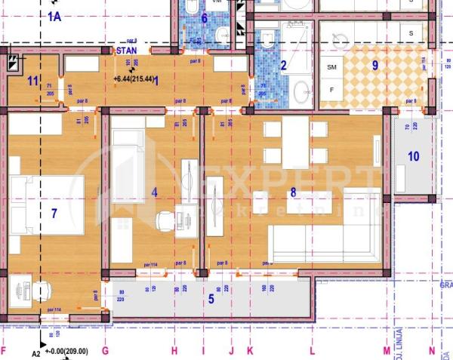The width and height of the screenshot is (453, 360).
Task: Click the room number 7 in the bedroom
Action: point(54,214)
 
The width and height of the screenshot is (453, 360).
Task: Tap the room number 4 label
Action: point(154,192)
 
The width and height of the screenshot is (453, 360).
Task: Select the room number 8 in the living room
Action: point(293,192)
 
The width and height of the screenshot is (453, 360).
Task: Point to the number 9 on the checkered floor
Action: point(375,65)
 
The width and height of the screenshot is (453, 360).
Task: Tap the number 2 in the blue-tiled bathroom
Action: point(284,66)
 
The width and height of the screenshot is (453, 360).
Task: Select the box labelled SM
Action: point(332,68)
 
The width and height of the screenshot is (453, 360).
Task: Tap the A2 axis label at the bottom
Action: point(35,352)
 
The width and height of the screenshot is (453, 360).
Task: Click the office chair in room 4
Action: point(164,221)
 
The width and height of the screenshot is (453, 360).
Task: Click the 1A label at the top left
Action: point(54,16)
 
